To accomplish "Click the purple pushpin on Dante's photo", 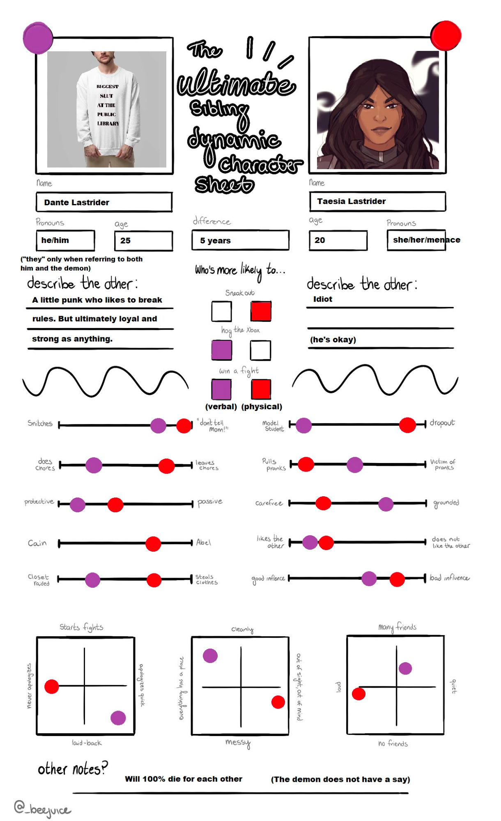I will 38,38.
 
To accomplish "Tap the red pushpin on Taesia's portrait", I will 446,35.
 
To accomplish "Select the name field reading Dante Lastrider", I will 104,202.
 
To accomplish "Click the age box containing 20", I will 338,240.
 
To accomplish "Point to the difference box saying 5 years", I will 240,240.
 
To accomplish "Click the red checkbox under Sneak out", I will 261,311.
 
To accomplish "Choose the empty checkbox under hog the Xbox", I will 260,350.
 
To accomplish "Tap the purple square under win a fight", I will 221,389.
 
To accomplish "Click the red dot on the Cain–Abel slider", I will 153,544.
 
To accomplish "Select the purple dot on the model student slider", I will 303,425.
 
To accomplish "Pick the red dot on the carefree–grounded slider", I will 323,503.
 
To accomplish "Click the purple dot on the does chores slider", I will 94,465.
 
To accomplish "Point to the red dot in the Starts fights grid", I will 52,686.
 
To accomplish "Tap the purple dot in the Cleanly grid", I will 210,656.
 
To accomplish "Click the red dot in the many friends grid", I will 359,694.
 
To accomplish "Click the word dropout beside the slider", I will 442,423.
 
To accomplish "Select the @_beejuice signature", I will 42,808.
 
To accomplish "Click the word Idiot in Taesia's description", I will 323,299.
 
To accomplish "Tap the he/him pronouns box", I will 66,240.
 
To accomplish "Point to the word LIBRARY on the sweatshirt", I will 108,123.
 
